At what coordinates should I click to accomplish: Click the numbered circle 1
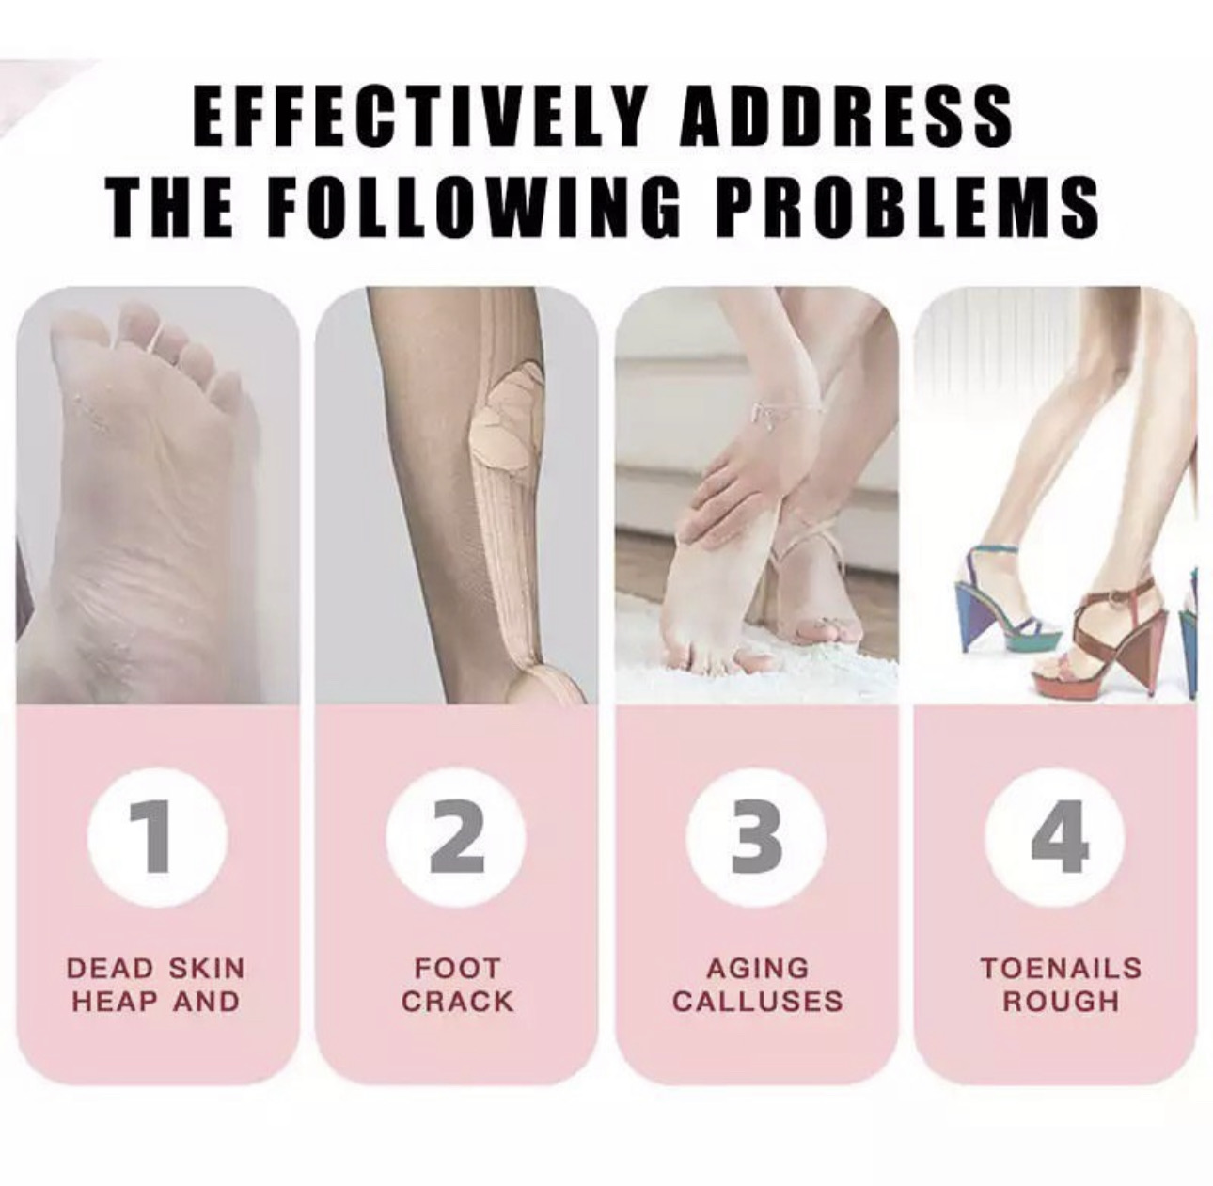[158, 838]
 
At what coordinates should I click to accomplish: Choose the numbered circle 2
[457, 838]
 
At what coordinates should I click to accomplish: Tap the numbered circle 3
[756, 838]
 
